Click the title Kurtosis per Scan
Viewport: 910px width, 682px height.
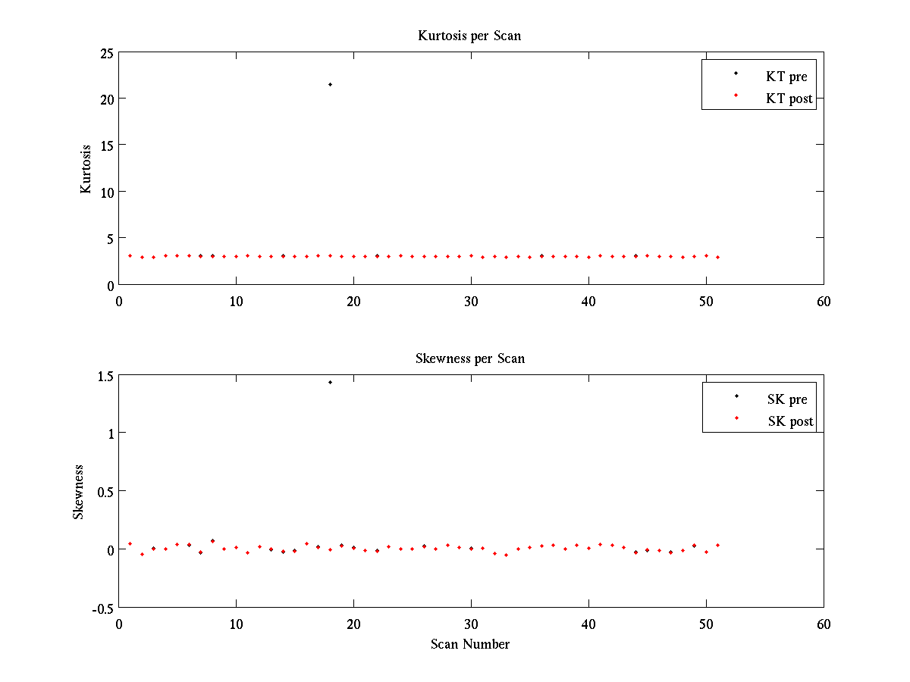[469, 36]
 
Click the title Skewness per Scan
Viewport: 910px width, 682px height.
[469, 358]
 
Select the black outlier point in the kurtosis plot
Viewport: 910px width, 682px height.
[330, 84]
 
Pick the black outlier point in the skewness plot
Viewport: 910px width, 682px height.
[330, 382]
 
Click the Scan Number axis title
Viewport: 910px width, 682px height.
[470, 644]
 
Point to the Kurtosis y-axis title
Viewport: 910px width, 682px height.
[86, 168]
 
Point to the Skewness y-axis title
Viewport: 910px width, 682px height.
[78, 492]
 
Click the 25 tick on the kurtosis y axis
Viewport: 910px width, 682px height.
[105, 53]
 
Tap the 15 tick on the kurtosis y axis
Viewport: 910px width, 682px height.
[105, 145]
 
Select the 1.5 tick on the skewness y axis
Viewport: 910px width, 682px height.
[104, 376]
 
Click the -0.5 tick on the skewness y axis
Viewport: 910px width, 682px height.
[102, 608]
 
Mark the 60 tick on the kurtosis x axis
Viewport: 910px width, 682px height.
[824, 301]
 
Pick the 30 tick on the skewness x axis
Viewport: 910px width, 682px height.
[471, 624]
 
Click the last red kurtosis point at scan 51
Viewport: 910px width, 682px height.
[717, 257]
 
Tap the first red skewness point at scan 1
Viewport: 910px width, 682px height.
[130, 543]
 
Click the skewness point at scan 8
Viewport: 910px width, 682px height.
[212, 541]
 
